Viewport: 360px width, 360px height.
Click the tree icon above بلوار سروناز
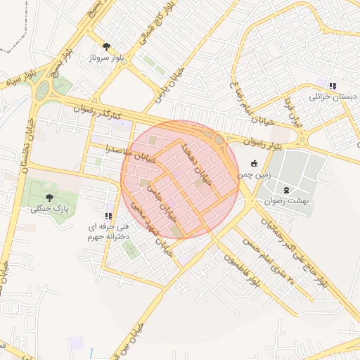coord(107,46)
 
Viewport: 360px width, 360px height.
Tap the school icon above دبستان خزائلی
coord(332,86)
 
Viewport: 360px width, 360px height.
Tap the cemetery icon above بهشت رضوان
coord(285,190)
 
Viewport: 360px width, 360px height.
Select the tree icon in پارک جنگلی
coord(49,198)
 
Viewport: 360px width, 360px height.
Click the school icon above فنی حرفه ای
coord(108,216)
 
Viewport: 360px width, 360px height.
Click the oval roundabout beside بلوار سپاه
coord(44,89)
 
